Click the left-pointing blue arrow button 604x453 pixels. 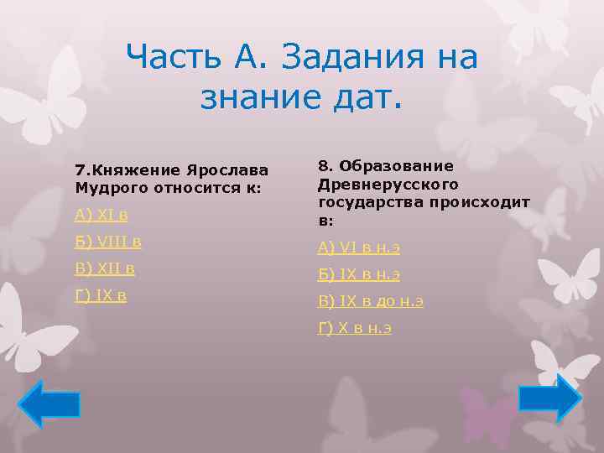(x=49, y=404)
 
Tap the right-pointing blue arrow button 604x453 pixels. (x=549, y=398)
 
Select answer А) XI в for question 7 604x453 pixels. (x=101, y=215)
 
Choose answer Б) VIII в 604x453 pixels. (x=107, y=242)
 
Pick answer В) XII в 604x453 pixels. (x=104, y=268)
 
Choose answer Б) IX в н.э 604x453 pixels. (x=358, y=273)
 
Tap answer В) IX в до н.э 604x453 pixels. (x=370, y=300)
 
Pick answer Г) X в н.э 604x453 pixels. (x=355, y=327)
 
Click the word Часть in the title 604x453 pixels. (x=173, y=58)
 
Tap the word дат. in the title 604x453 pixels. (x=367, y=97)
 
